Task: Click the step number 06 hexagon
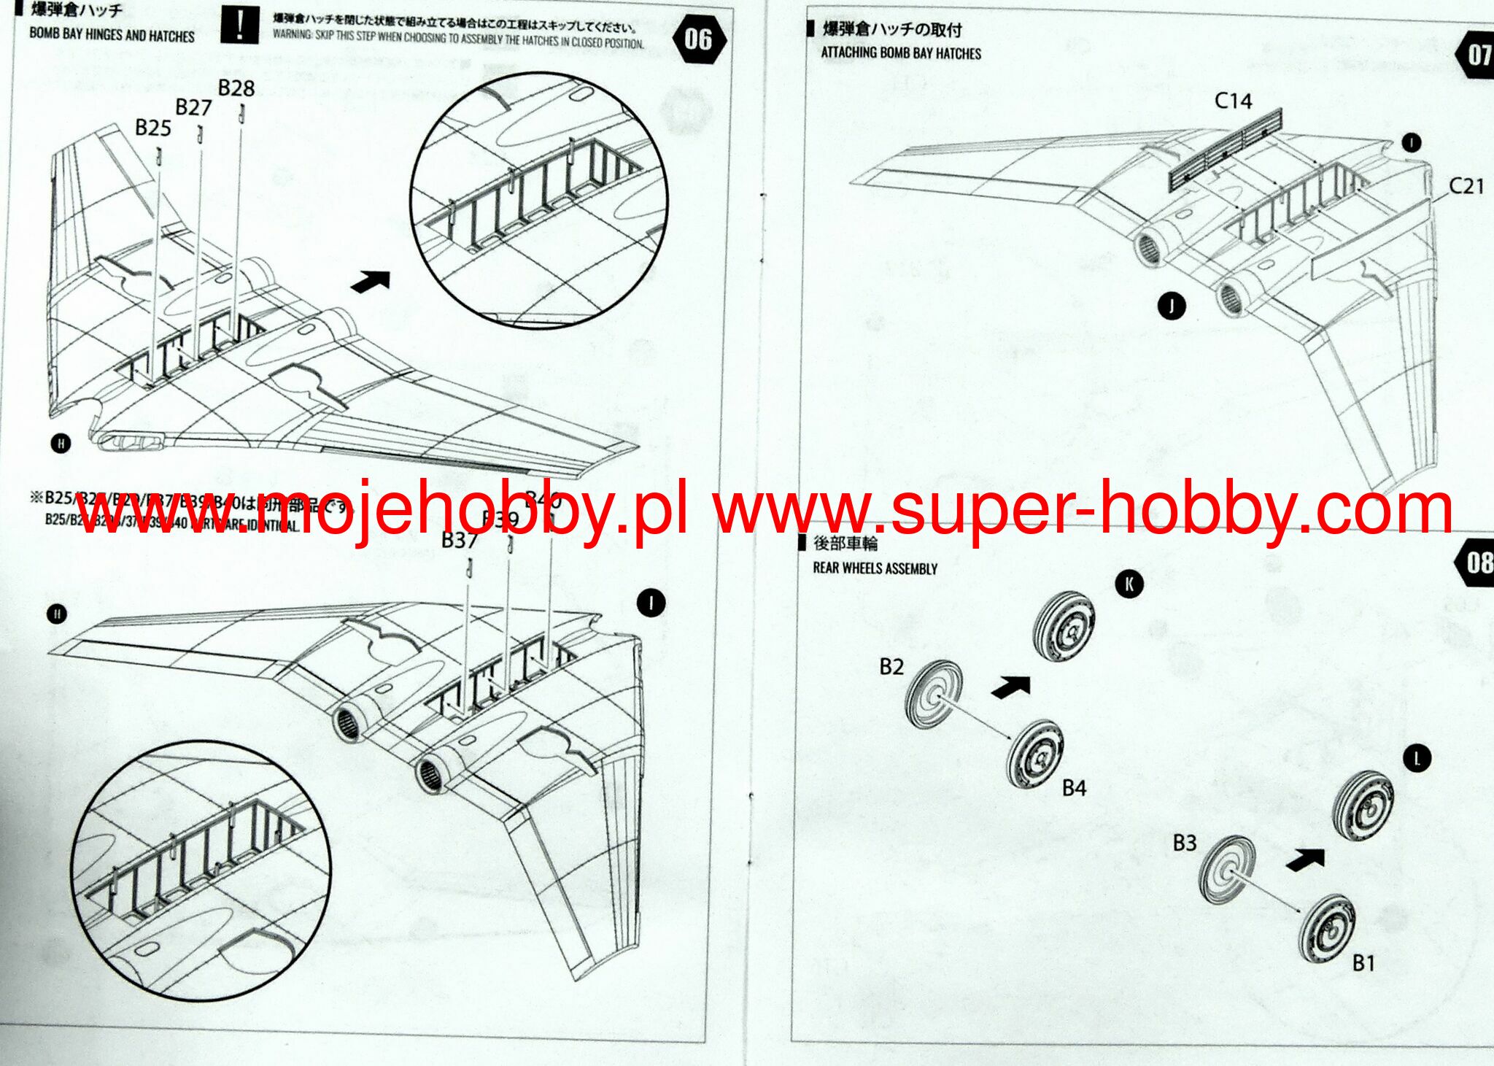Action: click(x=697, y=39)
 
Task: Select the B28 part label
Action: click(x=236, y=88)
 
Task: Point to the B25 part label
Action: click(x=153, y=128)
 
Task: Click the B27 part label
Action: click(x=193, y=108)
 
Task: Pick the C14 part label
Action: click(x=1233, y=101)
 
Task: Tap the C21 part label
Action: click(x=1466, y=186)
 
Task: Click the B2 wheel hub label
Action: click(x=891, y=667)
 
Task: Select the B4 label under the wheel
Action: click(x=1074, y=788)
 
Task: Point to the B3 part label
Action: click(x=1184, y=843)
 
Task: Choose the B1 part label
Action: click(x=1363, y=963)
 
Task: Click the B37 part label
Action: click(x=460, y=541)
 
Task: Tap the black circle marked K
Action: click(x=1129, y=584)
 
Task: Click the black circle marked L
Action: click(x=1417, y=759)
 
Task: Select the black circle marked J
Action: click(x=1172, y=306)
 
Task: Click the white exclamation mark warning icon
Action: click(x=239, y=27)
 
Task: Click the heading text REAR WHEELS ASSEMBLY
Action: click(x=875, y=568)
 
